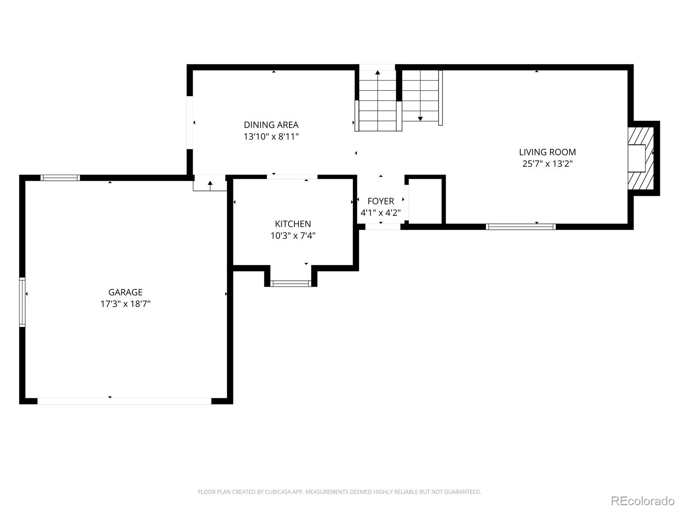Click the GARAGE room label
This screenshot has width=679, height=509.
125,292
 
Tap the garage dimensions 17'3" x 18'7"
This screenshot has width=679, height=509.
125,304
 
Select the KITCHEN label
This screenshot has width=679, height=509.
293,224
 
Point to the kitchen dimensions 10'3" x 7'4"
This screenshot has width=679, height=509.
293,235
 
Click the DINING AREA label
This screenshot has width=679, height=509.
271,125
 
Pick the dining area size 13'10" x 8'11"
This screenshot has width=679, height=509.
271,137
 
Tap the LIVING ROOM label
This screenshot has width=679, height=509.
547,152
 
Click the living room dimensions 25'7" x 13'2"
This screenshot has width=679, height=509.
547,164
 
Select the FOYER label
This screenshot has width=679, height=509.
381,201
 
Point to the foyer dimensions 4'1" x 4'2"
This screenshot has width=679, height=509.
381,213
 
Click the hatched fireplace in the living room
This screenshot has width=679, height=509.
641,158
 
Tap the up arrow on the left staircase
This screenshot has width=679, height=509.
378,73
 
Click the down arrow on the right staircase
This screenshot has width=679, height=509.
420,118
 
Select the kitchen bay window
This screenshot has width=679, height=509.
291,283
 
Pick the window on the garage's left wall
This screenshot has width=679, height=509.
22,302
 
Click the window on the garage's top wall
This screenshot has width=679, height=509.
60,178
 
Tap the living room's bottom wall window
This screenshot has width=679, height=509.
521,227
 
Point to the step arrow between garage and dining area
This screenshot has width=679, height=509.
210,183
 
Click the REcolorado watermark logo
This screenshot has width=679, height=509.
643,501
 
